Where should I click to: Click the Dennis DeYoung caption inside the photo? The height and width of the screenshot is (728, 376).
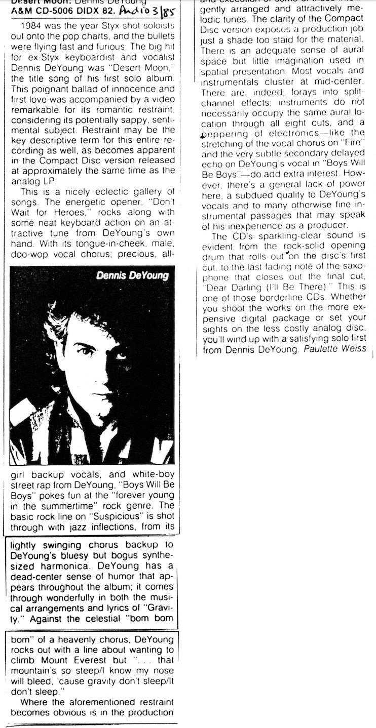point(133,275)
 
